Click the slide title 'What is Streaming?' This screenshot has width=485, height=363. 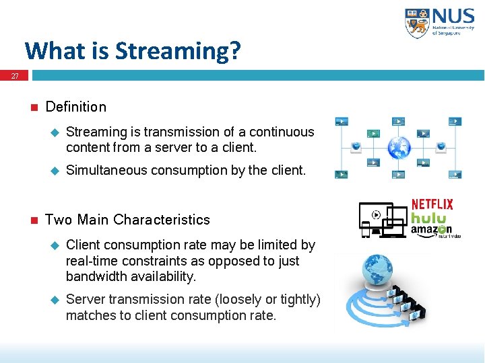coord(132,51)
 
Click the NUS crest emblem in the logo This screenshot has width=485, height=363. coord(416,23)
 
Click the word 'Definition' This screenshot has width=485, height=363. coord(75,107)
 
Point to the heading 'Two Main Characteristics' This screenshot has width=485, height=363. coord(127,220)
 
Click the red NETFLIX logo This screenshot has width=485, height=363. coord(432,204)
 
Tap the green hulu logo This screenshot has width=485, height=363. coord(429,218)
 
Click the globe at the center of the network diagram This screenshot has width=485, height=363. coord(399,146)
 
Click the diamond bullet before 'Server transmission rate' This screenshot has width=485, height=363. coord(55,300)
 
